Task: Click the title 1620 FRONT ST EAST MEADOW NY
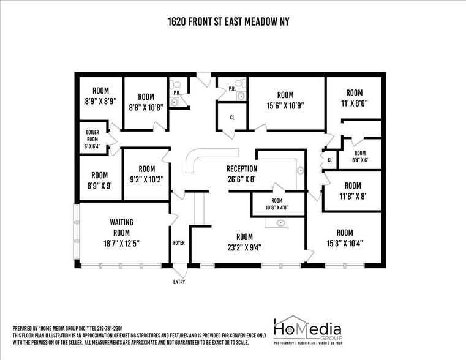click(x=228, y=22)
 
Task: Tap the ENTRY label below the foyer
click(x=179, y=282)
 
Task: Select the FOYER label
click(x=179, y=243)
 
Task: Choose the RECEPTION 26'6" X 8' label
click(x=241, y=174)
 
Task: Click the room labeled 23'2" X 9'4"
click(x=244, y=242)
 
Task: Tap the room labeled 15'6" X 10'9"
click(x=285, y=100)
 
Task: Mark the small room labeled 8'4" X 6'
click(x=359, y=157)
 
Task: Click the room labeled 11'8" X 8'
click(x=352, y=191)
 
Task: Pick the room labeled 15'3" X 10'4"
click(x=344, y=238)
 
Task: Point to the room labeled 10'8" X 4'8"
click(x=277, y=204)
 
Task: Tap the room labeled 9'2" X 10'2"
click(x=146, y=174)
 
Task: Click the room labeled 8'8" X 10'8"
click(x=146, y=102)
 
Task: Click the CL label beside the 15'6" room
click(x=232, y=118)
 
